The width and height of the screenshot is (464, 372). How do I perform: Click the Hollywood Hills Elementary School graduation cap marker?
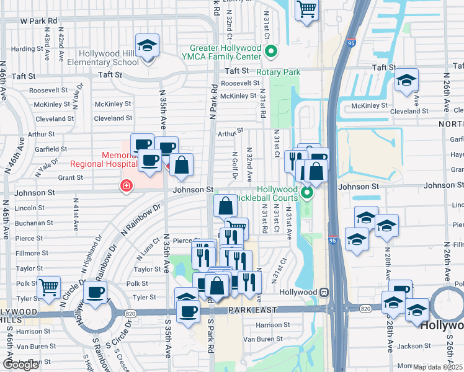(x=147, y=46)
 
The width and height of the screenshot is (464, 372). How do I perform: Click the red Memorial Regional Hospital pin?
(x=127, y=185)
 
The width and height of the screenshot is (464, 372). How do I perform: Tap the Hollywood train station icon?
(x=324, y=292)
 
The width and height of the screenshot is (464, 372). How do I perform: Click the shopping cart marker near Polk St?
(x=48, y=287)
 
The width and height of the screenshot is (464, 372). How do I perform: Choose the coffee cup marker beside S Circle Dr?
(x=94, y=293)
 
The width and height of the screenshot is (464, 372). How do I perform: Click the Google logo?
(x=21, y=365)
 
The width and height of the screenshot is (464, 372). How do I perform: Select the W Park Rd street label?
(x=38, y=20)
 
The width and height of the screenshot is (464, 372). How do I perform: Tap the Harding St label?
(x=27, y=49)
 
